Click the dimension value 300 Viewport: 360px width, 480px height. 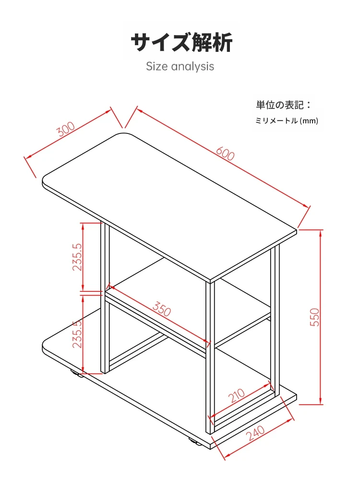(x=66, y=130)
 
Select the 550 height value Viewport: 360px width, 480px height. (x=314, y=317)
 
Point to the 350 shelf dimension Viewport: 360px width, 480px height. (x=162, y=309)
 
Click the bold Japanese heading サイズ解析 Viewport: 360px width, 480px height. (x=182, y=43)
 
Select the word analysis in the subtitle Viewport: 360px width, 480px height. (x=193, y=66)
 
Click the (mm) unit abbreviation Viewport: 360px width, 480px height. (x=309, y=121)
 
